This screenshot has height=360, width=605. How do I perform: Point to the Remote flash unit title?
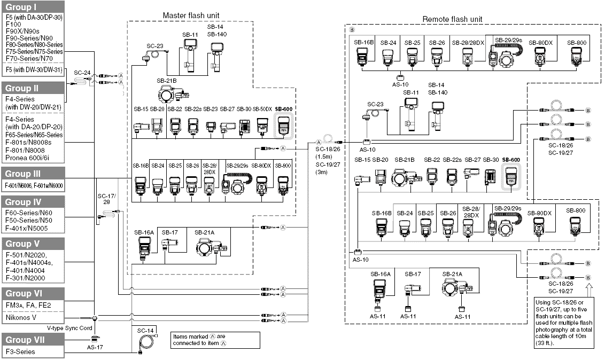452,19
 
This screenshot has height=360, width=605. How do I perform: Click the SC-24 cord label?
82,72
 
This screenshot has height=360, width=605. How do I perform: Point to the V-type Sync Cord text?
69,328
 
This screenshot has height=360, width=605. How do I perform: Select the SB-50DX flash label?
262,109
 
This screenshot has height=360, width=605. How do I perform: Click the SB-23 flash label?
211,109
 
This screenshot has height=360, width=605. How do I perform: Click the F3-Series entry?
20,353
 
